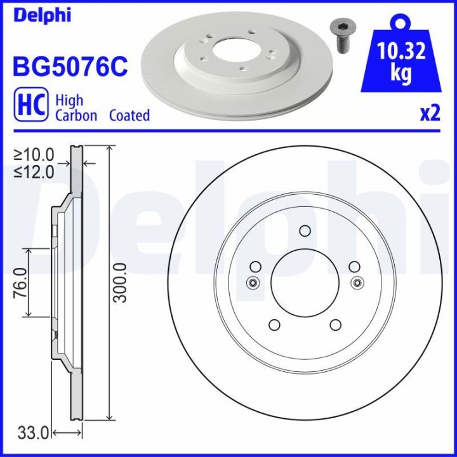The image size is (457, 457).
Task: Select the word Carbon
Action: pos(76,116)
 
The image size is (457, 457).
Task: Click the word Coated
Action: pos(129,116)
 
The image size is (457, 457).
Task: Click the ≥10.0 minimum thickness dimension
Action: pos(34,154)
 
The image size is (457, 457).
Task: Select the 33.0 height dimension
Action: pos(33,434)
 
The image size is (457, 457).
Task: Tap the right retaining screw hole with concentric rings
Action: pos(357,283)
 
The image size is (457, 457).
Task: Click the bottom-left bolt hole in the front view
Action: pos(274,325)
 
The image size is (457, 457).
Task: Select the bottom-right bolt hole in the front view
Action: pos(335,325)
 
